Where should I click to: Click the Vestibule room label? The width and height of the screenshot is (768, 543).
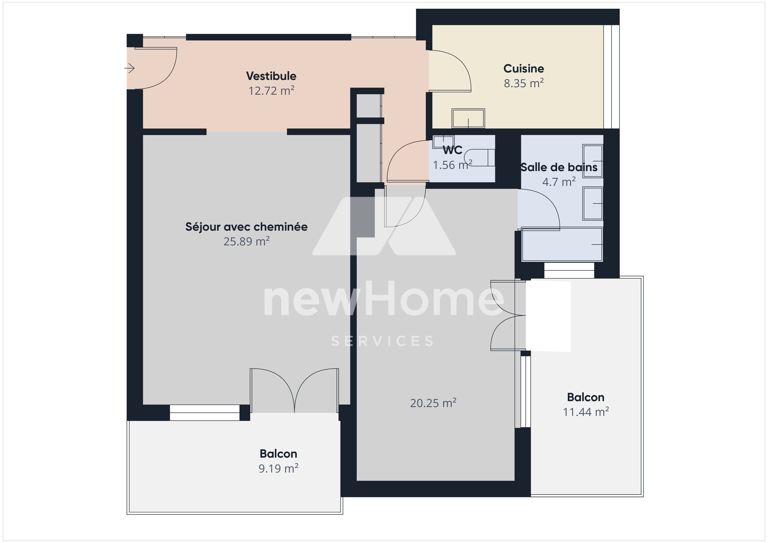coord(271,76)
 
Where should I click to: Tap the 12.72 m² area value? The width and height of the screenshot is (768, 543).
coord(271,91)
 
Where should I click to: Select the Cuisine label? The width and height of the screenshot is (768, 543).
coord(523,69)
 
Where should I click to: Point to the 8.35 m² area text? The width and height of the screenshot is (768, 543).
coord(523,83)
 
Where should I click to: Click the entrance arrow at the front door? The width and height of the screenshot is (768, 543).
coord(129,68)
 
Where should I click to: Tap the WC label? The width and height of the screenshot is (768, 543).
coord(453,150)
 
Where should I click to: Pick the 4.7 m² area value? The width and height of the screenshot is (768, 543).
coord(559,182)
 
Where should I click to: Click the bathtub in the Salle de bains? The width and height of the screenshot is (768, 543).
coord(562,244)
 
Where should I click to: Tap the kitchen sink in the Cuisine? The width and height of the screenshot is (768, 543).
coord(468,118)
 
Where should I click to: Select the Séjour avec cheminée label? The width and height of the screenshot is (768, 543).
coord(247,227)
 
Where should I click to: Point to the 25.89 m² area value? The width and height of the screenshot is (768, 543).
coord(247,241)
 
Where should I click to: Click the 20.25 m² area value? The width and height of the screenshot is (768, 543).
coord(433,403)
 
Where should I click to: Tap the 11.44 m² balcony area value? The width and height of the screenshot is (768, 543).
coord(586,412)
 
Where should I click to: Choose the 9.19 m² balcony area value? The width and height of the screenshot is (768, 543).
coord(278,468)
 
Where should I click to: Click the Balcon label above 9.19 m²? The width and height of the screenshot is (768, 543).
coord(278,454)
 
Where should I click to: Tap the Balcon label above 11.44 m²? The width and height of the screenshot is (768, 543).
coord(586,397)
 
